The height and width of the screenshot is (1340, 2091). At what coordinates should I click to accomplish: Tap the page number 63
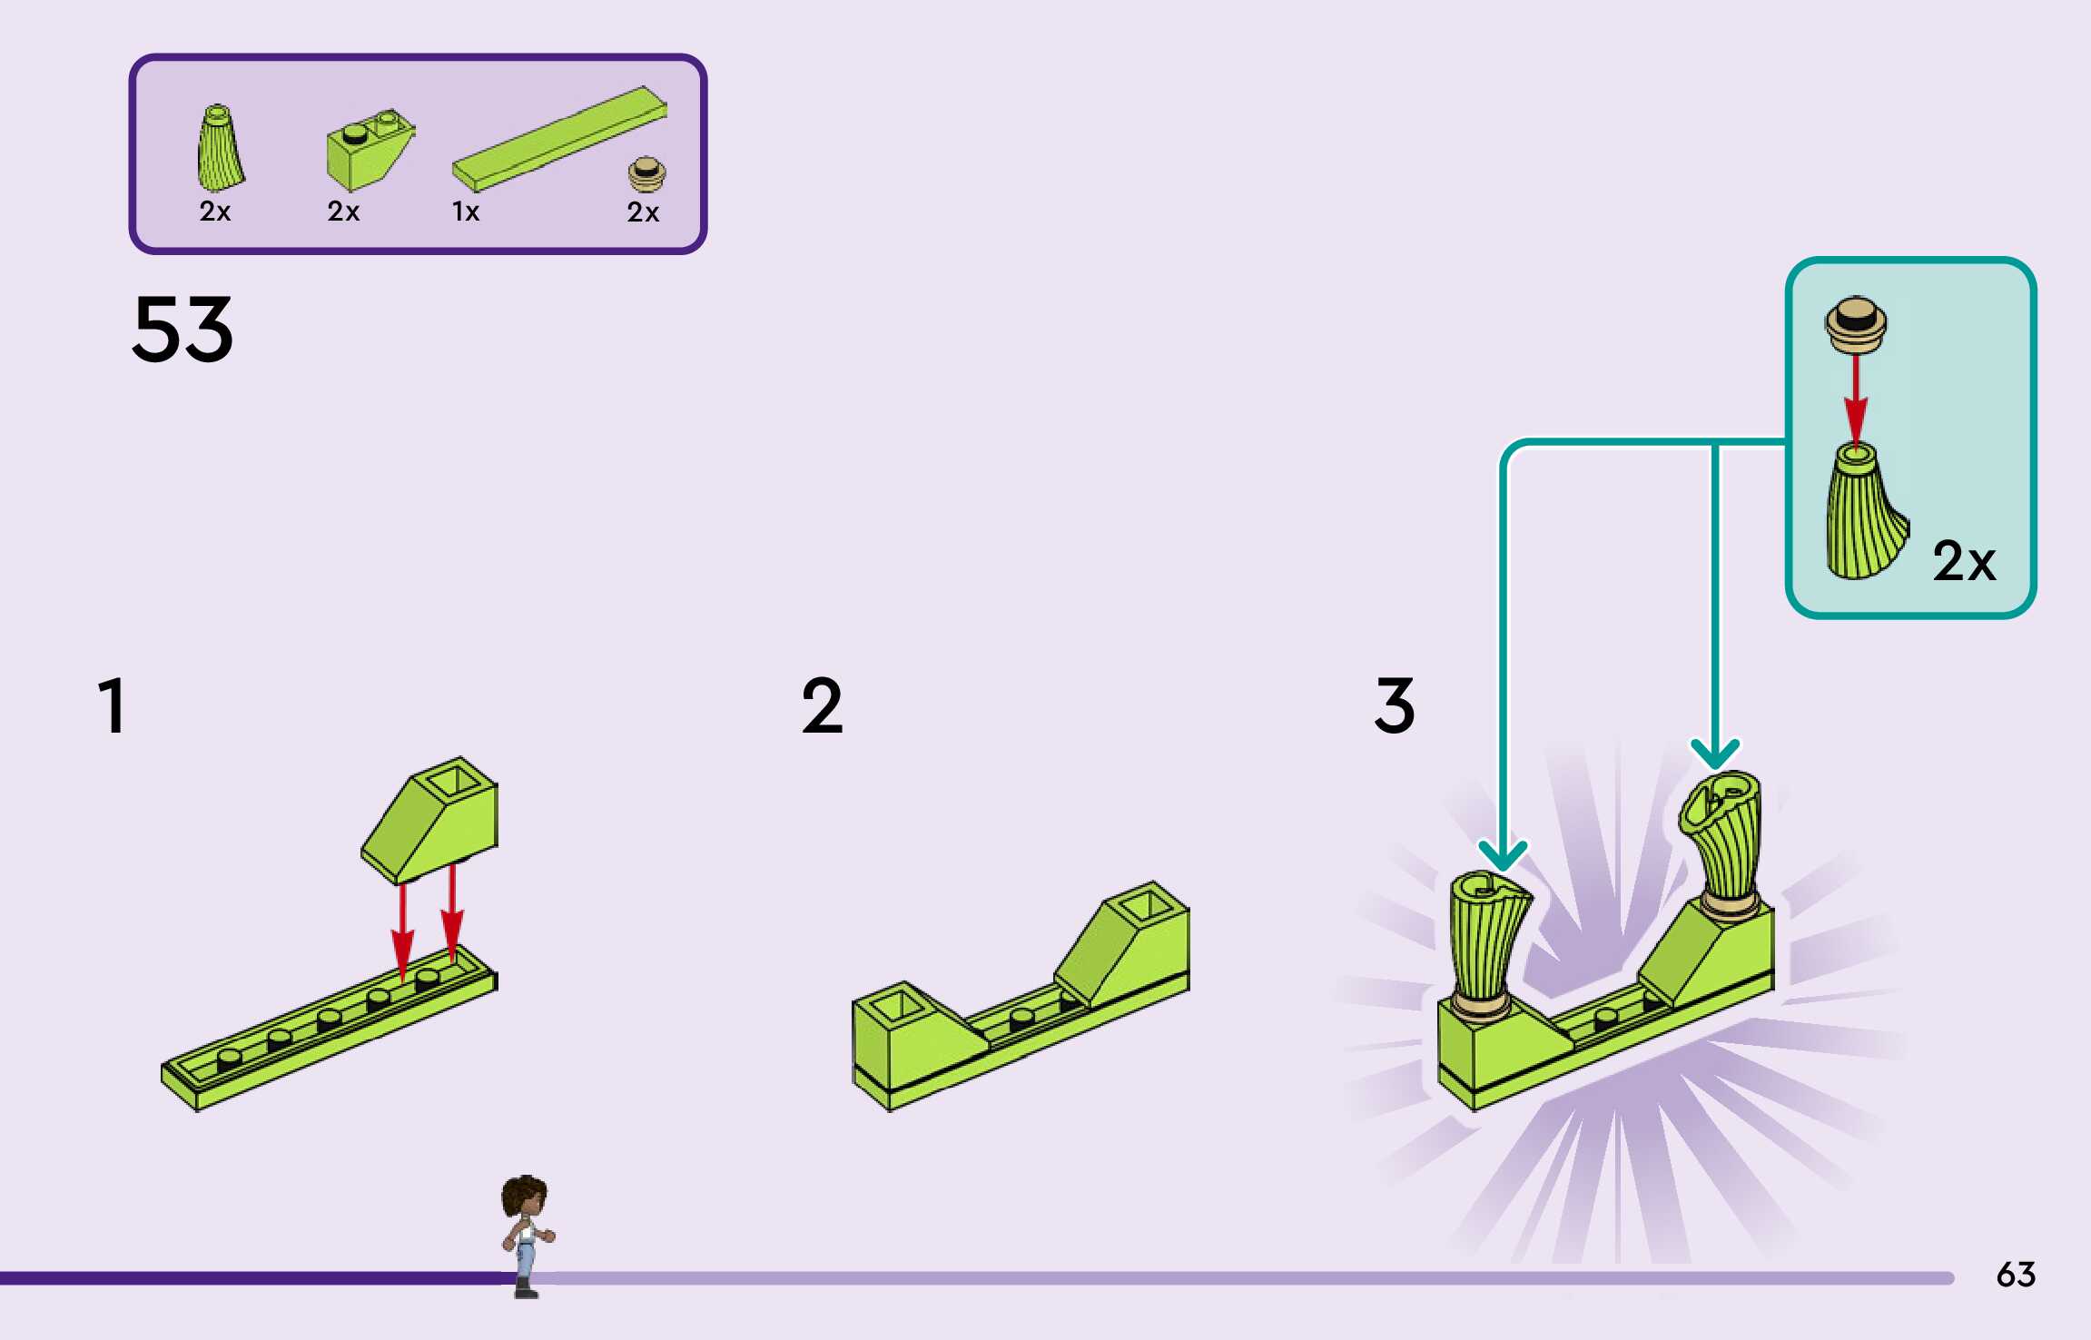[2016, 1275]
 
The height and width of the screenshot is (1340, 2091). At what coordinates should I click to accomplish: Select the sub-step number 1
[112, 705]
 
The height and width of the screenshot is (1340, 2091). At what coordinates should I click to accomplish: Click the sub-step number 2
[822, 705]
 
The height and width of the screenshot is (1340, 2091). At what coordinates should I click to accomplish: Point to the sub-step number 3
[1395, 705]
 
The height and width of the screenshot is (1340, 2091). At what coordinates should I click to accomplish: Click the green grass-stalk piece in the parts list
[219, 149]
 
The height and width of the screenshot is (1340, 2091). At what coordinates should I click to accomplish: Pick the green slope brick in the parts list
[368, 149]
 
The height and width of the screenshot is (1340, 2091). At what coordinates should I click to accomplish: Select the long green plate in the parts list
[559, 138]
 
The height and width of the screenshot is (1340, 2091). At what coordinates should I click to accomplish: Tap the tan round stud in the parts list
[646, 173]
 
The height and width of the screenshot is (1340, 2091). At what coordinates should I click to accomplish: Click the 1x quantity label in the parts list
[466, 212]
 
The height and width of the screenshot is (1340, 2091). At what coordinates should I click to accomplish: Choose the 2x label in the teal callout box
[1964, 560]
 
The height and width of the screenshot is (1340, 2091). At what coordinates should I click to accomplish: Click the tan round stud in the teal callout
[1856, 324]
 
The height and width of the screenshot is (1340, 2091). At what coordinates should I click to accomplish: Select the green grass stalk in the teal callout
[1861, 513]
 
